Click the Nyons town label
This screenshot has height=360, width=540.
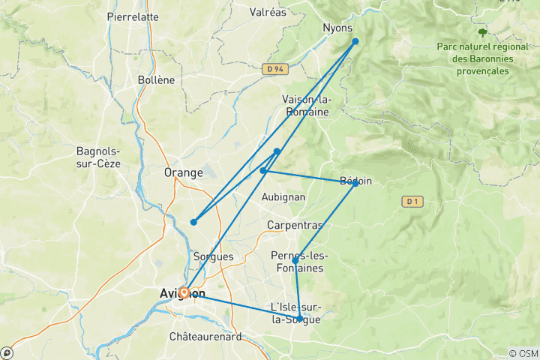click(x=337, y=28)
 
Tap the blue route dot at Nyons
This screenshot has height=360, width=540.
click(x=355, y=41)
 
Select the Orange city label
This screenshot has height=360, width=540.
click(x=183, y=172)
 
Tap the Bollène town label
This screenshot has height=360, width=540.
click(x=156, y=79)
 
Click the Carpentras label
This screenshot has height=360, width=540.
click(x=295, y=225)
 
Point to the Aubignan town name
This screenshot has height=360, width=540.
click(x=282, y=196)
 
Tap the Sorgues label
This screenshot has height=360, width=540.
click(x=214, y=256)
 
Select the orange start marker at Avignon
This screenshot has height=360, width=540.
click(x=183, y=292)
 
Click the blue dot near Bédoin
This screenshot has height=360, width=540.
click(x=355, y=183)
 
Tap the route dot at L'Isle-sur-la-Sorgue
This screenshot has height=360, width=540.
click(x=299, y=319)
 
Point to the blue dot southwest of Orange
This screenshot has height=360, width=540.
click(x=193, y=222)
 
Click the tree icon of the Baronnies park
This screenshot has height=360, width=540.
click(x=482, y=32)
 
